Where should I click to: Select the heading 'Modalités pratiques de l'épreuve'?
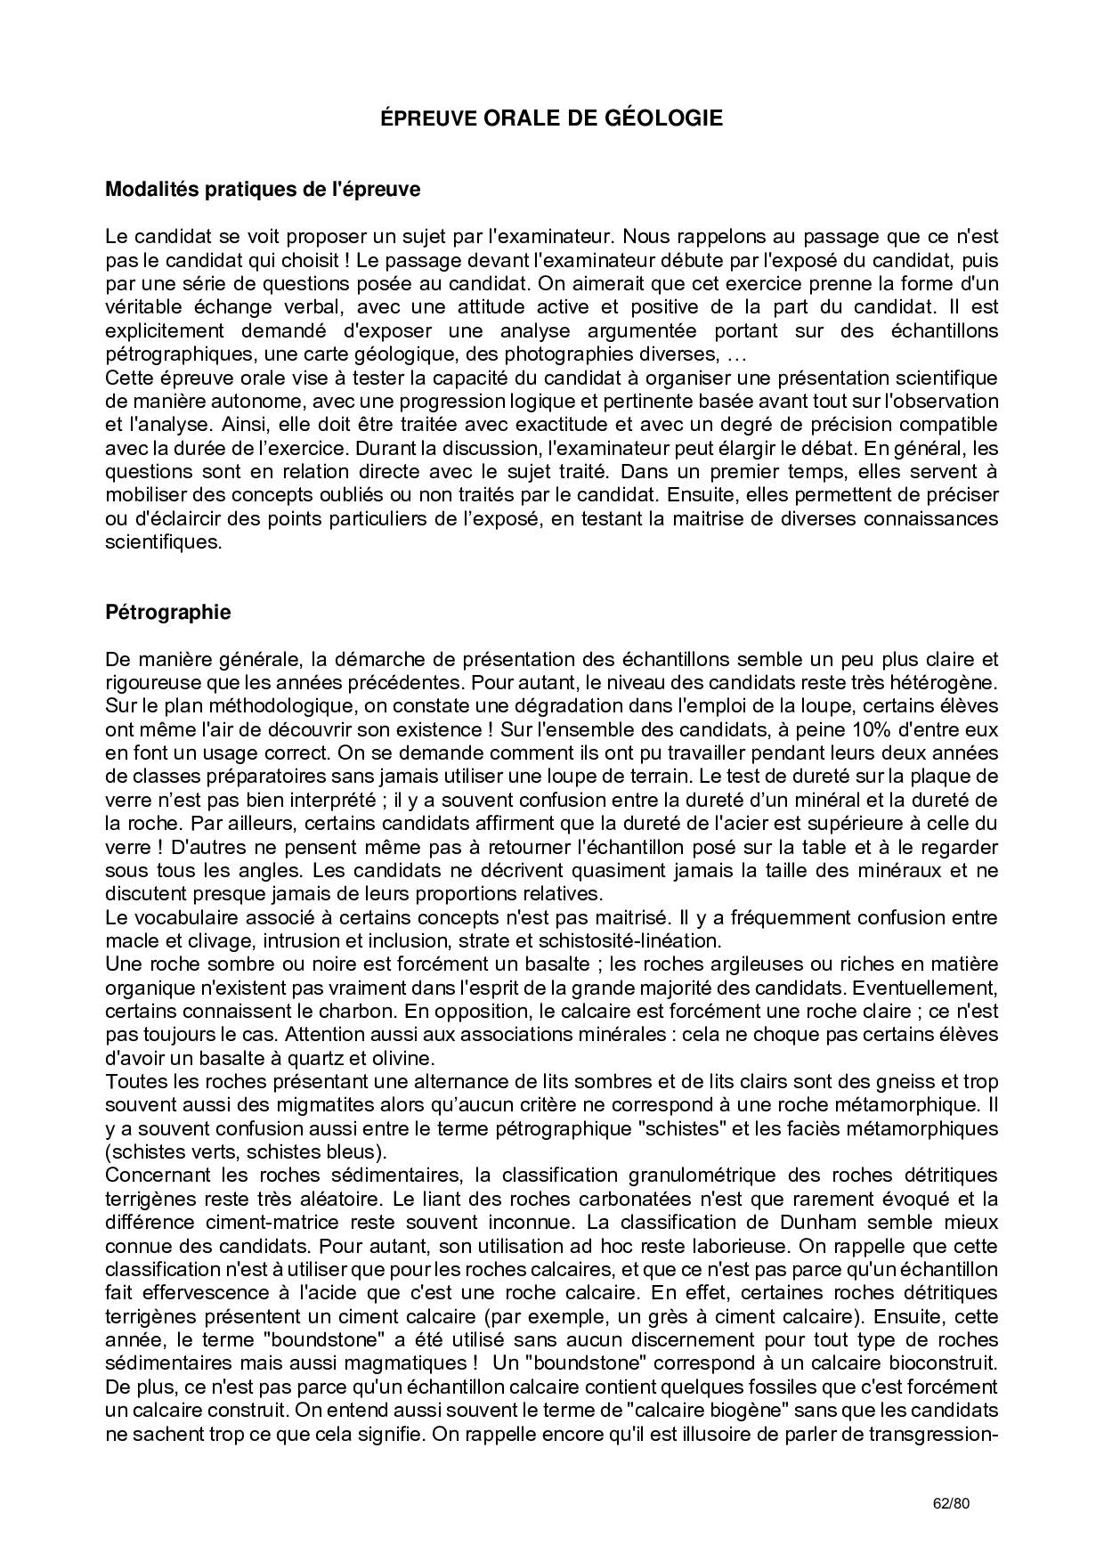[263, 190]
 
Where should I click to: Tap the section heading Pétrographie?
[167, 613]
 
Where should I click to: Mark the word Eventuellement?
[934, 988]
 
